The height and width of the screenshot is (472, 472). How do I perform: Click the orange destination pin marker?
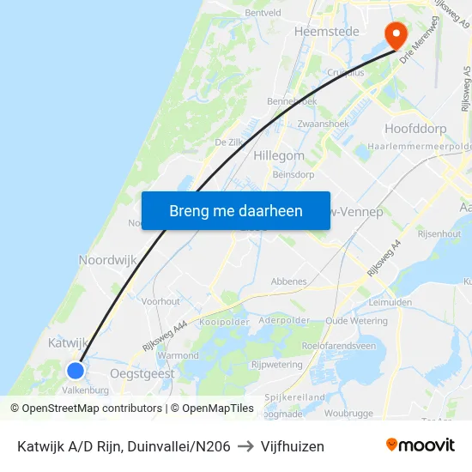pyautogui.click(x=396, y=34)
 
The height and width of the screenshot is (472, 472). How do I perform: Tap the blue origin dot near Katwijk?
pyautogui.click(x=76, y=371)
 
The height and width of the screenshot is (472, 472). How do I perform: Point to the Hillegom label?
pyautogui.click(x=279, y=155)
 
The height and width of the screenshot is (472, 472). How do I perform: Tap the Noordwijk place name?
pyautogui.click(x=107, y=259)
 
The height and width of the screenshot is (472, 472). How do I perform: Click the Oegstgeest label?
pyautogui.click(x=142, y=373)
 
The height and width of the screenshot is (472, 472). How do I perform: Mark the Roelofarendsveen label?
pyautogui.click(x=338, y=346)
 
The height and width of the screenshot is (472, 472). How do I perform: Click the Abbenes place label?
pyautogui.click(x=288, y=281)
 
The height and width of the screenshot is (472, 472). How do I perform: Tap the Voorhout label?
pyautogui.click(x=161, y=301)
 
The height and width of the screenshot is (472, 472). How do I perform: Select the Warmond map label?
pyautogui.click(x=179, y=355)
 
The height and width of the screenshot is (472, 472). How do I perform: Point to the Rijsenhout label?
pyautogui.click(x=439, y=233)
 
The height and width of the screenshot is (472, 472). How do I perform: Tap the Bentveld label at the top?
pyautogui.click(x=263, y=13)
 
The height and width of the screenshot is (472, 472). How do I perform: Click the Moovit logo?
pyautogui.click(x=421, y=445)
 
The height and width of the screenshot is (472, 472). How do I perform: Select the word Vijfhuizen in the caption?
pyautogui.click(x=293, y=446)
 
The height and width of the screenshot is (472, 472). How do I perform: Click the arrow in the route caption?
pyautogui.click(x=245, y=446)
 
